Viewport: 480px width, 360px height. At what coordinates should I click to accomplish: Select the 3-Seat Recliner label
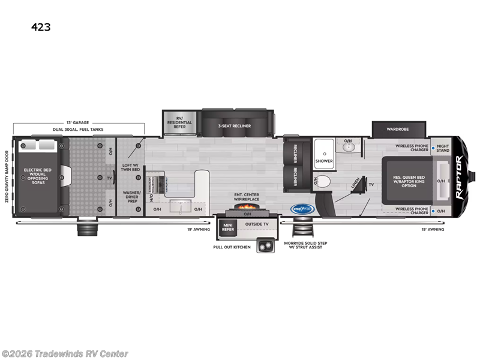point(235,126)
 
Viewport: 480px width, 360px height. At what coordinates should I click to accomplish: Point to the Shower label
point(324,161)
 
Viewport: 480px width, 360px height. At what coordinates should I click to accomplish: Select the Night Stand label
point(443,148)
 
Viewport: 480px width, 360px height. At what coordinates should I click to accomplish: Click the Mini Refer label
point(228,226)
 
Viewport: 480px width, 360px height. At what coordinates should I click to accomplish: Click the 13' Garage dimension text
point(79,122)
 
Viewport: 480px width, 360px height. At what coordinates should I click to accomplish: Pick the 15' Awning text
point(437,229)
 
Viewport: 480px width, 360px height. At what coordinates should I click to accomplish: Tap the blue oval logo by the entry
point(302,209)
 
